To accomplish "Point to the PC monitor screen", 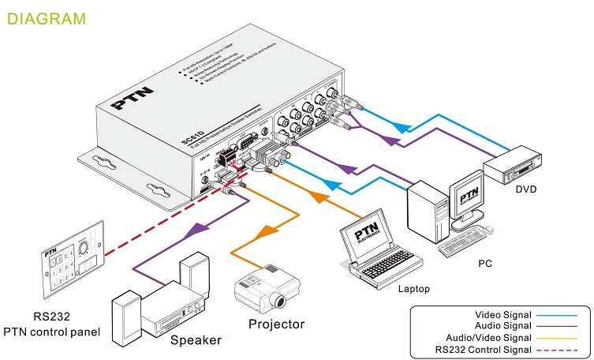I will (x=468, y=194).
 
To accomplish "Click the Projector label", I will (x=276, y=324).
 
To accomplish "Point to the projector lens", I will (x=277, y=300).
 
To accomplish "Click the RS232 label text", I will (x=52, y=317).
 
